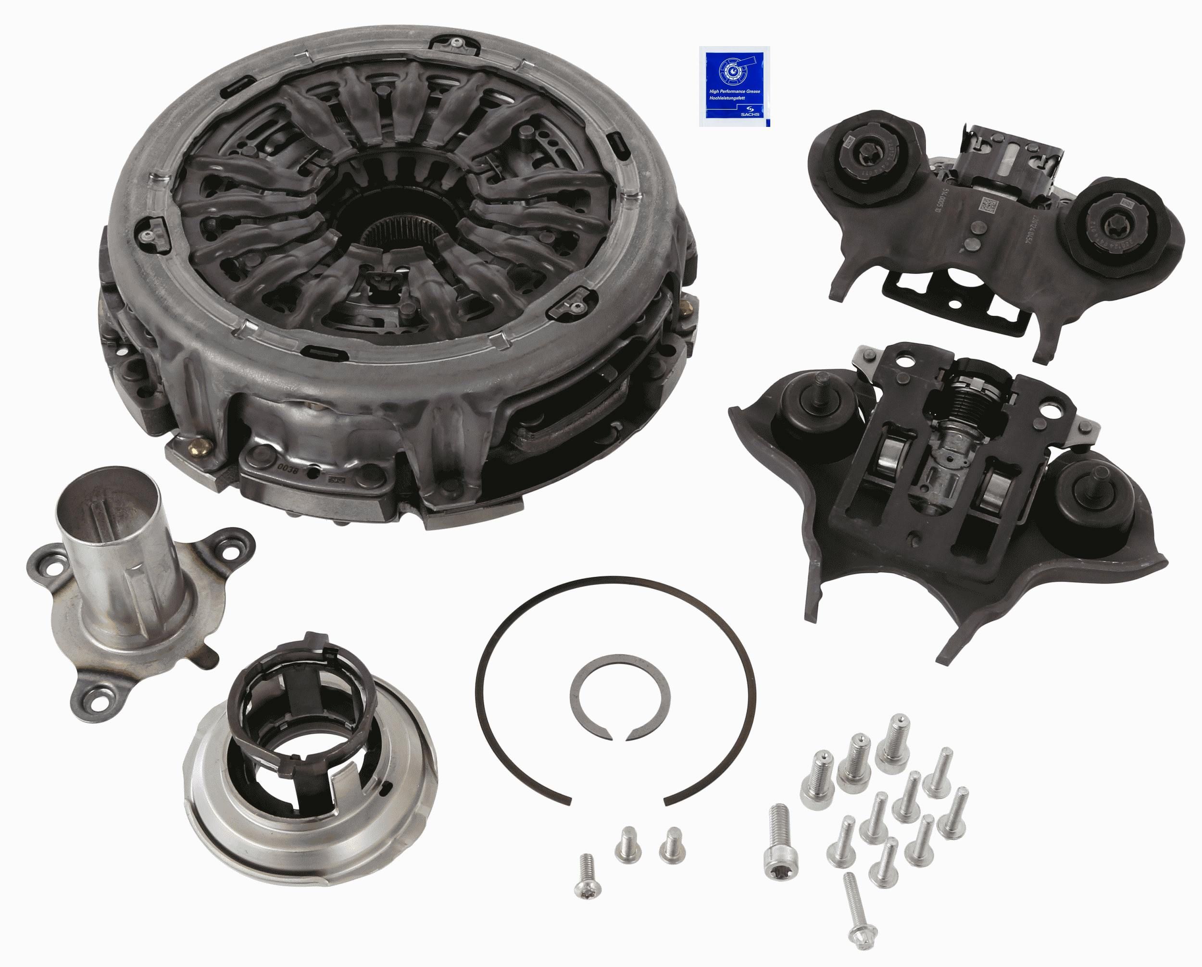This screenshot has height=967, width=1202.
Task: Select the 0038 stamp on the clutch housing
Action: pyautogui.click(x=286, y=464)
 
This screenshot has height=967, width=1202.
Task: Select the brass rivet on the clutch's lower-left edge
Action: pyautogui.click(x=199, y=447)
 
